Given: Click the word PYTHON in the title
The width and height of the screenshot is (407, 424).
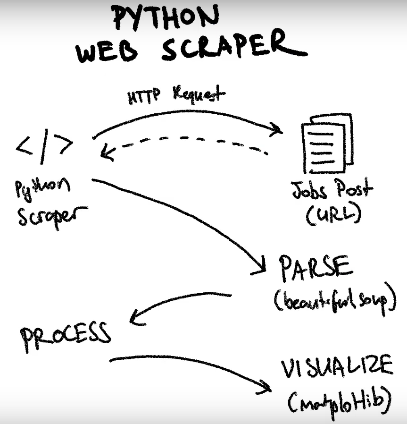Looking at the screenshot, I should click(x=165, y=18).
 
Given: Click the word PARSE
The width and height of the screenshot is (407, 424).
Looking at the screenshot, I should click(x=315, y=269).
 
